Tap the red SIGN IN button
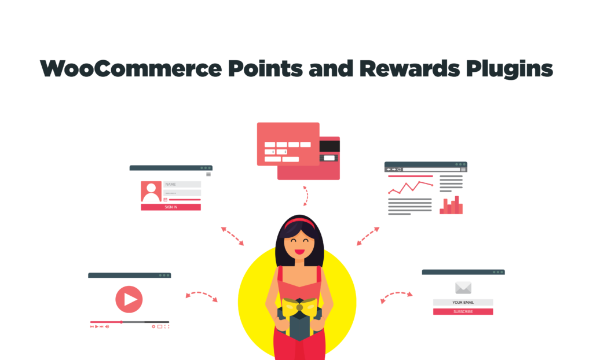pos(171,207)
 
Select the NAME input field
pos(182,185)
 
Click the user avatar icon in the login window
pos(151,192)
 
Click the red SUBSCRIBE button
pos(463,311)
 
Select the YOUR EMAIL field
pos(463,302)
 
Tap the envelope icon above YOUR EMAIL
pos(463,288)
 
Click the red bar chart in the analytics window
pos(451,206)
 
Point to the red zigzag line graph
pos(411,186)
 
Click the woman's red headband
pos(299,222)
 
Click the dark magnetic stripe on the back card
pos(330,145)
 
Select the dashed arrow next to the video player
pos(201,296)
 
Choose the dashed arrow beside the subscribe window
pos(397,296)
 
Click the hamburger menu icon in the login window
pos(208,174)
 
